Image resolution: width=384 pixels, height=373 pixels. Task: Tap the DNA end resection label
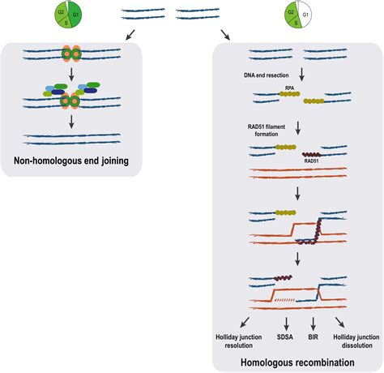tap(265, 75)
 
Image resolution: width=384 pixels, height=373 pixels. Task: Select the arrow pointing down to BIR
tap(312, 319)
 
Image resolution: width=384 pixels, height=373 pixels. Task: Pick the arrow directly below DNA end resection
tap(302, 77)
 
